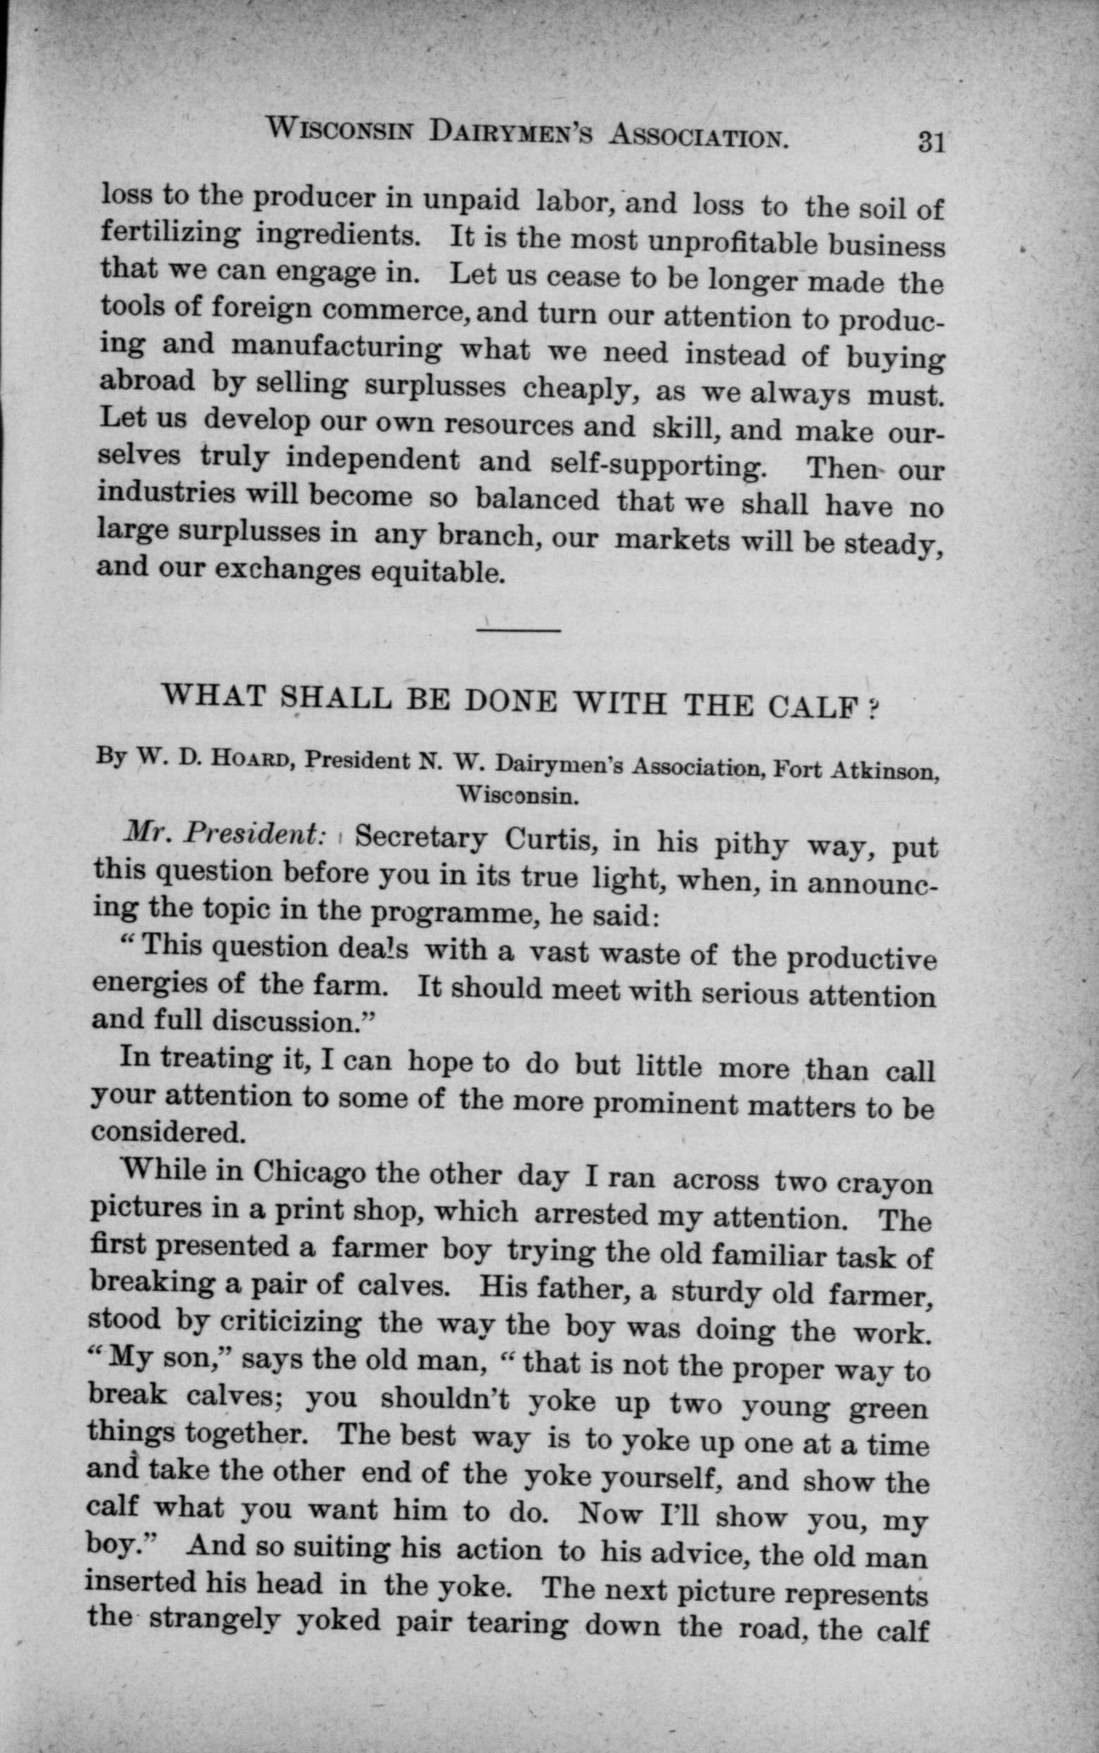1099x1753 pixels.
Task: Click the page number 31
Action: [931, 140]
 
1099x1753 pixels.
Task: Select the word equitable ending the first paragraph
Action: [437, 574]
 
